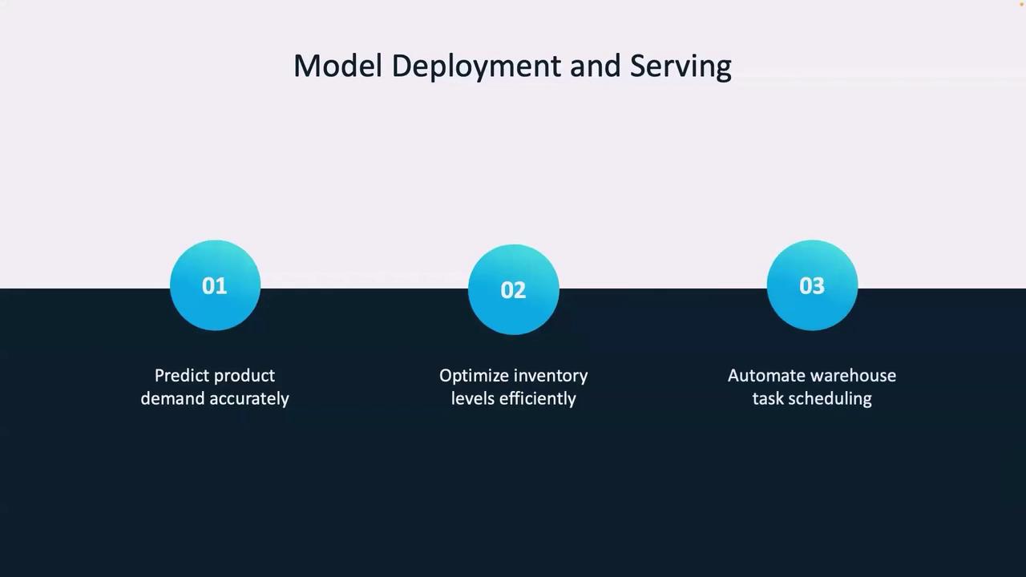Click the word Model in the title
click(337, 66)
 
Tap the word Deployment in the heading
click(476, 67)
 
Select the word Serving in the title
click(681, 67)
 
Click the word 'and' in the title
click(596, 66)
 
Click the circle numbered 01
click(216, 284)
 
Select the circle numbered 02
click(514, 289)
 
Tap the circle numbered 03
click(812, 284)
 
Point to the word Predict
click(182, 376)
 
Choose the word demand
click(172, 398)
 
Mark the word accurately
click(249, 399)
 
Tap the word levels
click(473, 398)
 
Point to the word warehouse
click(848, 376)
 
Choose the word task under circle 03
click(768, 398)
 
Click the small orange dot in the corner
click(1021, 4)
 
